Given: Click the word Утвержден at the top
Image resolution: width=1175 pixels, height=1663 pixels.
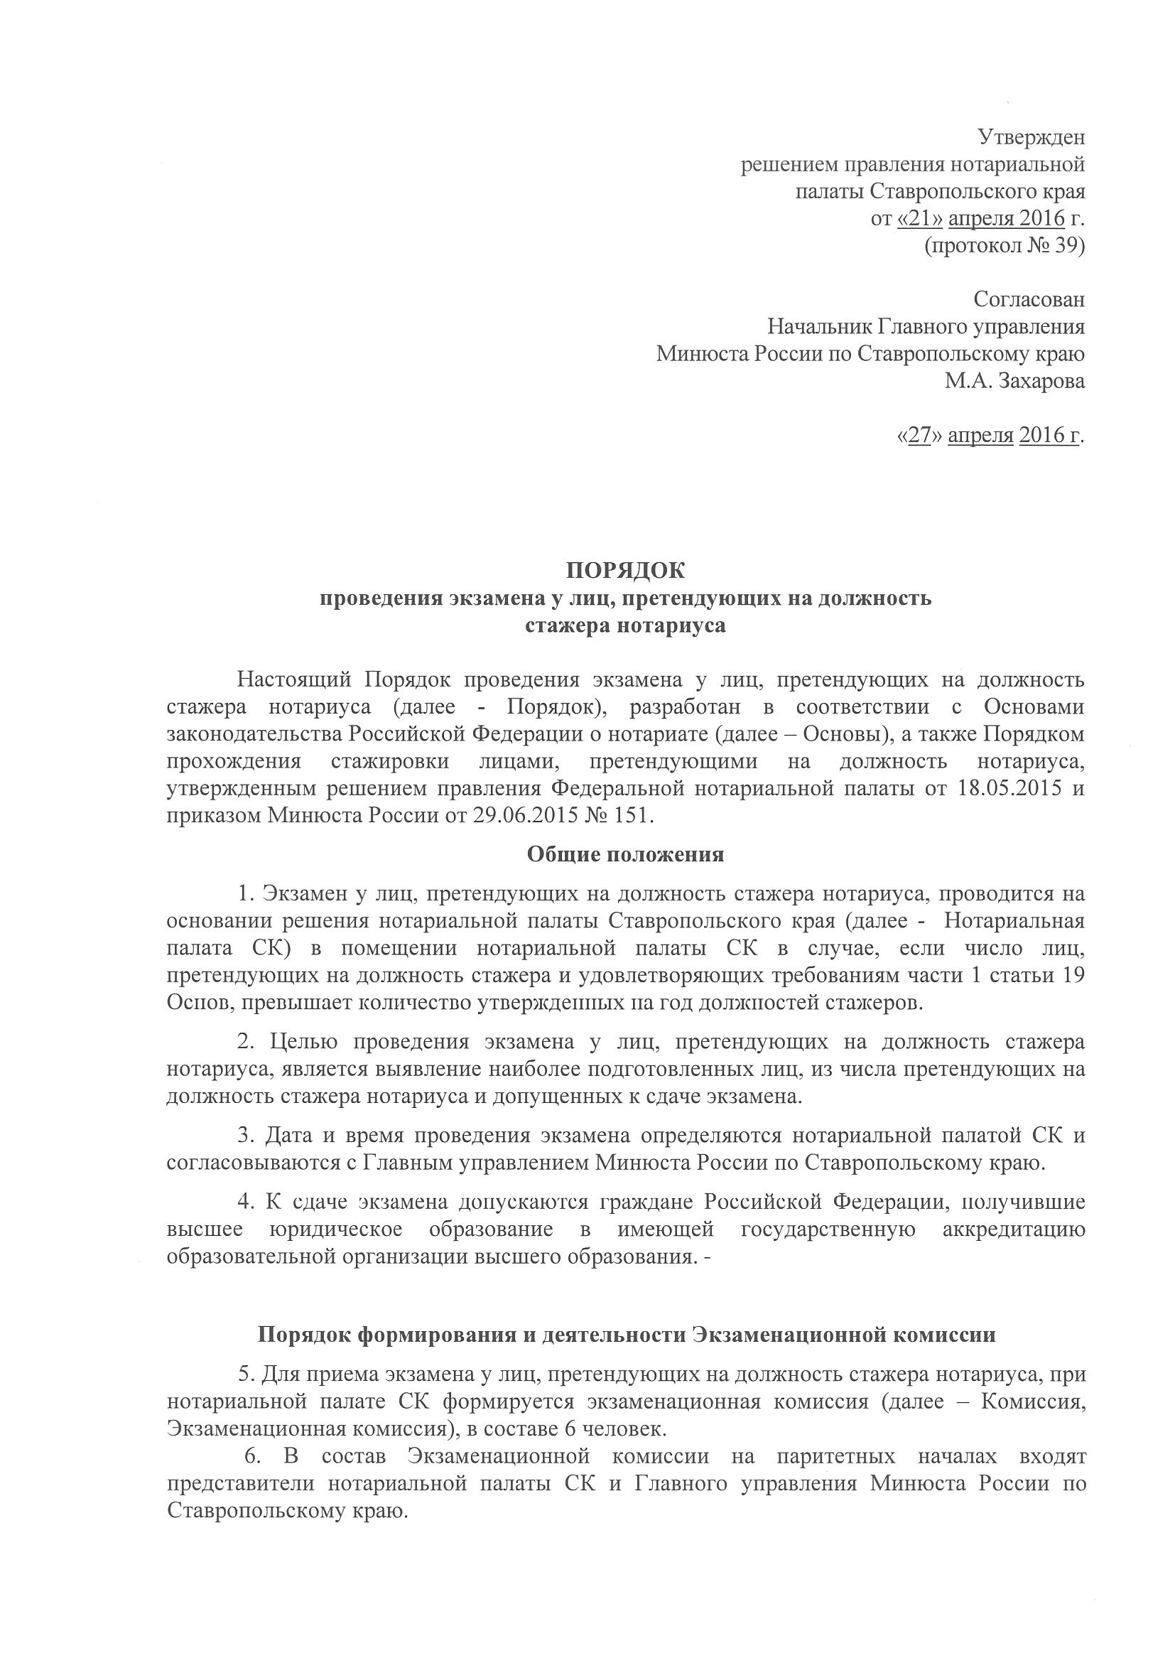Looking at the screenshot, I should tap(1031, 137).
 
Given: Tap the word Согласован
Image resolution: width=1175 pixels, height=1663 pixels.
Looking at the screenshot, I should tap(1029, 299).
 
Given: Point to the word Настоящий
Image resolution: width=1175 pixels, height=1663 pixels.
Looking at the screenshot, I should tap(295, 680).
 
